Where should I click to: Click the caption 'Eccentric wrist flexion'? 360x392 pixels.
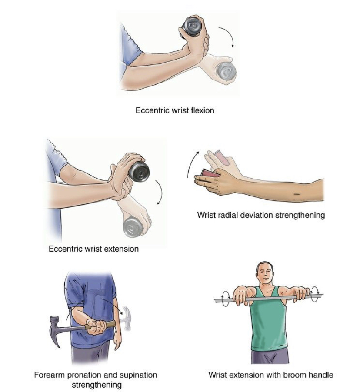(175, 110)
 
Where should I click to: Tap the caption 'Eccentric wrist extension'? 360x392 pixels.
(93, 249)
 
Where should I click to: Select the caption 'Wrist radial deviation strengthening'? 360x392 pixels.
(261, 215)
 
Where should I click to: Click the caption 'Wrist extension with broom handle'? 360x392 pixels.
(271, 375)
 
